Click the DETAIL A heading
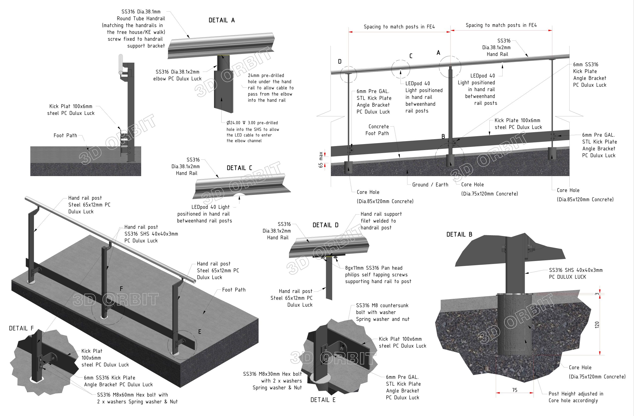pos(221,20)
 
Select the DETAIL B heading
pos(459,234)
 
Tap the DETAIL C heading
pos(239,168)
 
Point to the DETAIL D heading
pos(325,225)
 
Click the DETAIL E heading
pos(323,400)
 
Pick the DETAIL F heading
pos(21,328)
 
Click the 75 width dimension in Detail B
pos(515,390)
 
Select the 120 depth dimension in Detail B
pos(597,325)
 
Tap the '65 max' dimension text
pos(321,160)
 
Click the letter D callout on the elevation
pos(340,61)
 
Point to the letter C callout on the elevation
pos(411,56)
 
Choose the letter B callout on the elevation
pos(443,136)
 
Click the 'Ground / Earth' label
pos(430,184)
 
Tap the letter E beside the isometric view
pos(200,332)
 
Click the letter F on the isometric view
pos(121,288)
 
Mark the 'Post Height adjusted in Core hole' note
pos(576,397)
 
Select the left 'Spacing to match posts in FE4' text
pos(399,27)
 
